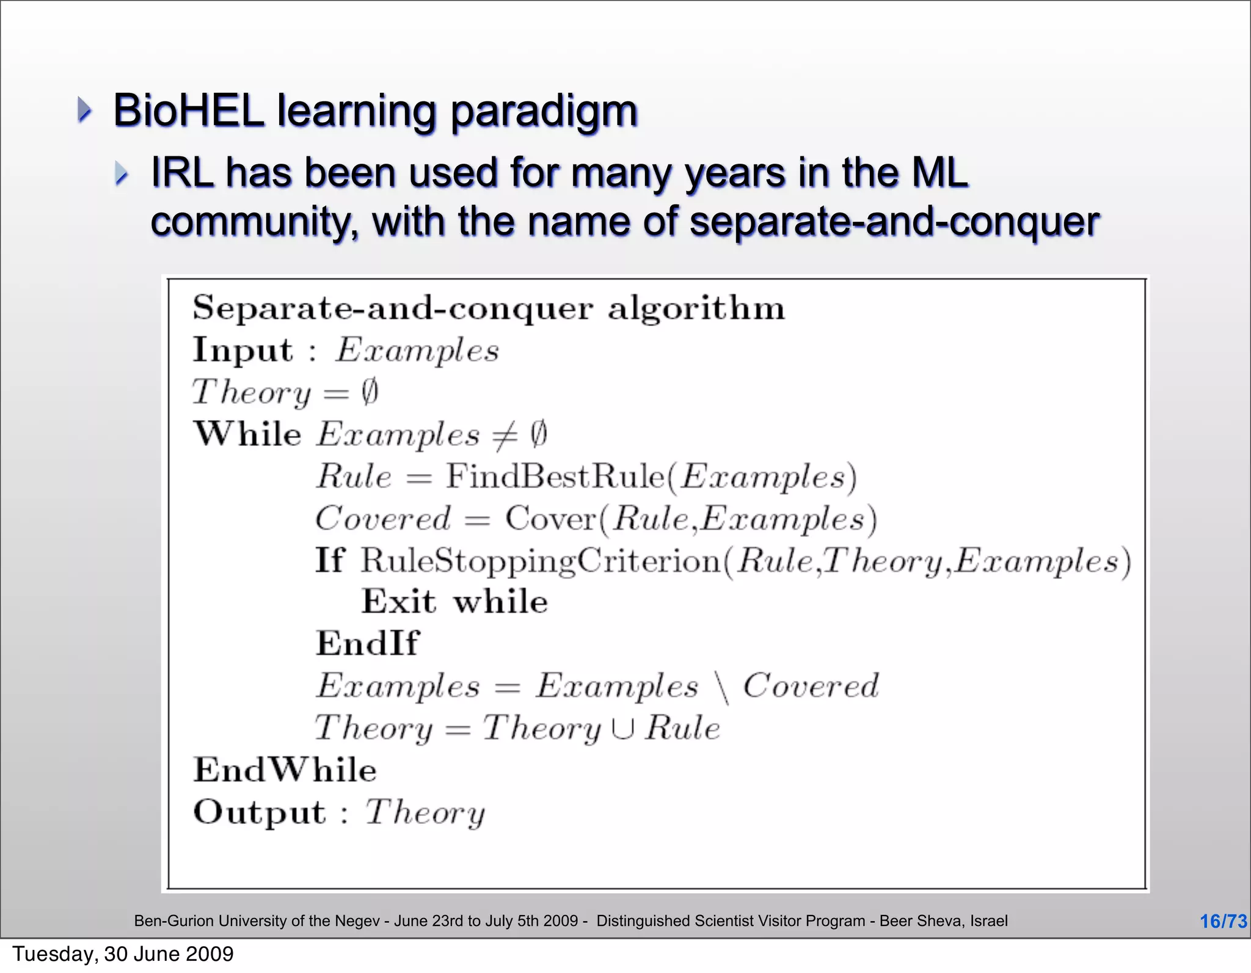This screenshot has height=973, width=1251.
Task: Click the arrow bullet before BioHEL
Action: (x=84, y=110)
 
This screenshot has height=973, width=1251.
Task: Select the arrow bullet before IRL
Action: (x=122, y=174)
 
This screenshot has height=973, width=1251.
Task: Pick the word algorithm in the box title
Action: (x=696, y=308)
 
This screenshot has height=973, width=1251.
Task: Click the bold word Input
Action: (x=243, y=351)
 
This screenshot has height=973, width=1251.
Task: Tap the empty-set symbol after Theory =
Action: (x=370, y=392)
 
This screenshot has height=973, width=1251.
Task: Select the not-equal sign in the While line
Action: (x=505, y=435)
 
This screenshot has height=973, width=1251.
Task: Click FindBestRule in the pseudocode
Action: (x=554, y=476)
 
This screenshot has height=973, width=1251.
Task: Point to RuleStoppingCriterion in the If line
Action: (x=540, y=561)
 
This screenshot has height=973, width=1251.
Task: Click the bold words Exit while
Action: (x=454, y=602)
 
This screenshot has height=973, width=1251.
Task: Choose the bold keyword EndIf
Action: (x=367, y=643)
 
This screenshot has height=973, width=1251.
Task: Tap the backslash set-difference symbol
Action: (x=722, y=688)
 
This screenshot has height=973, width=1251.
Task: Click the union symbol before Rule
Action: (x=623, y=728)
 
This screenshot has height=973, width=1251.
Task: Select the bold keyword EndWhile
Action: (x=285, y=770)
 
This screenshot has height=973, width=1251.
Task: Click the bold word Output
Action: (x=260, y=812)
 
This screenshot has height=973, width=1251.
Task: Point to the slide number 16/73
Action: (x=1223, y=921)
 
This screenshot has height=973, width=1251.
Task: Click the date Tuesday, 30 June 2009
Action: (x=123, y=954)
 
